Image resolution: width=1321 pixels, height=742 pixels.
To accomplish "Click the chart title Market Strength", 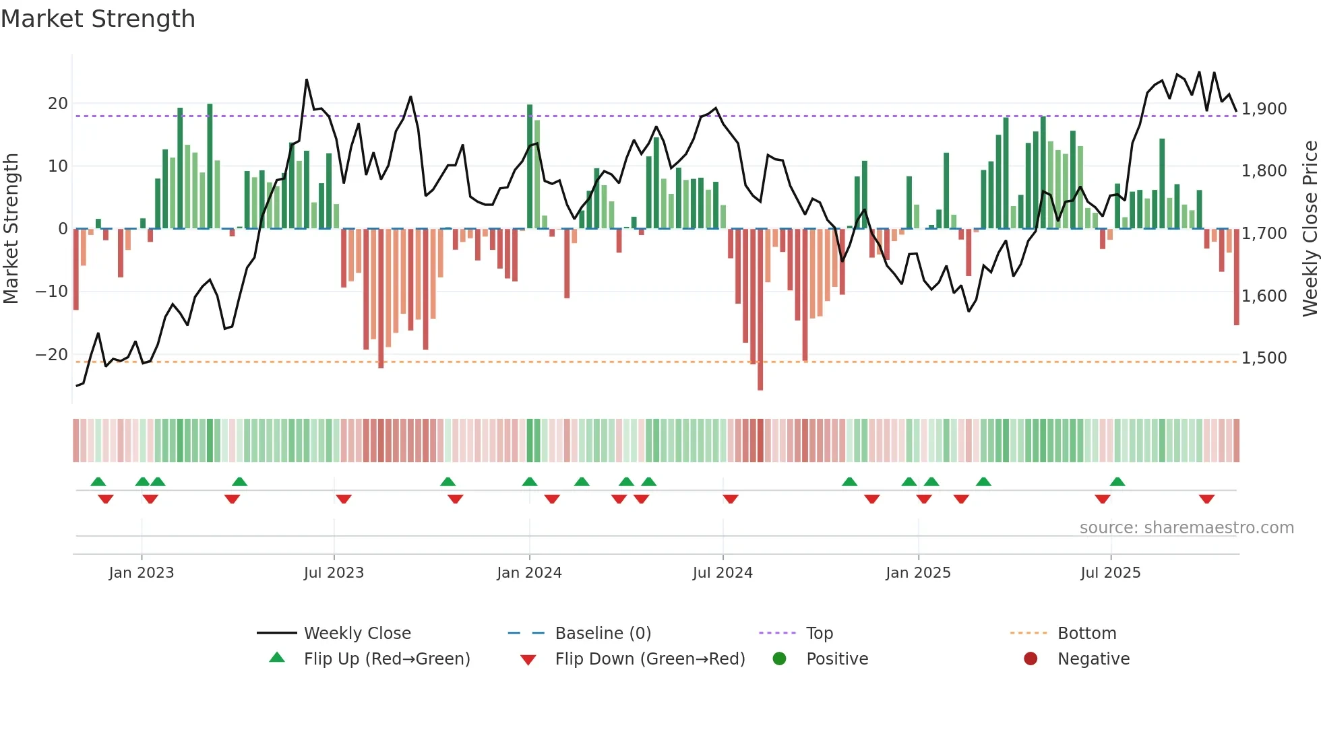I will coord(98,19).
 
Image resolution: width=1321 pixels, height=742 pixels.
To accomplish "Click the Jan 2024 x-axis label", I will coord(529,573).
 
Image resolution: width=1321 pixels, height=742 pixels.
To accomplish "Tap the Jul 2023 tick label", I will coord(334,573).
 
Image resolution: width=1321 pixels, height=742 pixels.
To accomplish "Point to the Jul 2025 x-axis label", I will coord(1110,573).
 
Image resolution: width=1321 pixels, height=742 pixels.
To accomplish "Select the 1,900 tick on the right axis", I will coord(1264,109).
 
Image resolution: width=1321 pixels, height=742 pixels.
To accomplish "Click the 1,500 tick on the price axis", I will coord(1264,358).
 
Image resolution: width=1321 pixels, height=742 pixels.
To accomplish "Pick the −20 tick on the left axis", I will coord(51,355).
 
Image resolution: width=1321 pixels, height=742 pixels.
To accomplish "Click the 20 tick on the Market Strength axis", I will coord(58,104).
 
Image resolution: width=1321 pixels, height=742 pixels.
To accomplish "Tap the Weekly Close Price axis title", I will coord(1310,229).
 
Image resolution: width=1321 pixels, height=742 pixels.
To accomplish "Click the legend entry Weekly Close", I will coord(357,634).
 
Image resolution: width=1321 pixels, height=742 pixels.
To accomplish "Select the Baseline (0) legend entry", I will coord(603,634).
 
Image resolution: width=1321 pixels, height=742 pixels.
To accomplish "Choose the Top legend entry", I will coord(819,634).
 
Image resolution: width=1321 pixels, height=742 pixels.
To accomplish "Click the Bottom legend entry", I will coord(1086,634).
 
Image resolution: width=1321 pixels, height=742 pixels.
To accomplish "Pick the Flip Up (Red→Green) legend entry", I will coord(386,659).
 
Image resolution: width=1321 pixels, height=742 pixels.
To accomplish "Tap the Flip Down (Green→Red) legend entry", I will coord(650,659).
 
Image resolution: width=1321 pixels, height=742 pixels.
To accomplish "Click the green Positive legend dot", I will coord(780,659).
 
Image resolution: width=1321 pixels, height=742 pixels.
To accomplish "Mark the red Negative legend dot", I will coord(1031,659).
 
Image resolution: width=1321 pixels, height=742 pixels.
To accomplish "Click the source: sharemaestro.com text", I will coord(1186,528).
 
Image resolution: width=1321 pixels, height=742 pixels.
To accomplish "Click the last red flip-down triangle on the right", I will coord(1206,499).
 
